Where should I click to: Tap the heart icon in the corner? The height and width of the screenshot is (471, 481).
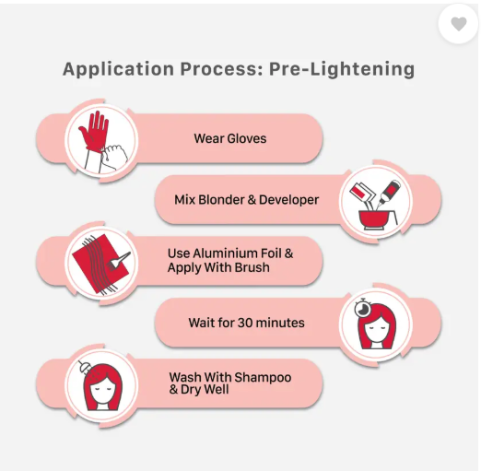(x=459, y=24)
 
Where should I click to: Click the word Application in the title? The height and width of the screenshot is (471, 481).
(x=119, y=69)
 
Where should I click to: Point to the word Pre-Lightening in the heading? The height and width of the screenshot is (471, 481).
(x=342, y=69)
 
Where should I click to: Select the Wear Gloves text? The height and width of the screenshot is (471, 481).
(x=230, y=138)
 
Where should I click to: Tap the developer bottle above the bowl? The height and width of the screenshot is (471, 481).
(x=389, y=191)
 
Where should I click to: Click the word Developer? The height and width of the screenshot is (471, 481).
(x=288, y=200)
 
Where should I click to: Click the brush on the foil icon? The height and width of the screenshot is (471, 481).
(x=119, y=259)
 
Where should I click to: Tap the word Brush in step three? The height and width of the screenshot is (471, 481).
(x=252, y=267)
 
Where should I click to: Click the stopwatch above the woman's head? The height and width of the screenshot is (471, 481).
(x=363, y=308)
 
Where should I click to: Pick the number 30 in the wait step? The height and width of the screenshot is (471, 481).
(x=245, y=323)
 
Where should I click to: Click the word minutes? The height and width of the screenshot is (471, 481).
(x=280, y=323)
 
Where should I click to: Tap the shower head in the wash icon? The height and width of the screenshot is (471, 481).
(x=84, y=367)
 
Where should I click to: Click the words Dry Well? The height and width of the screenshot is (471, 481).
(x=205, y=390)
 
